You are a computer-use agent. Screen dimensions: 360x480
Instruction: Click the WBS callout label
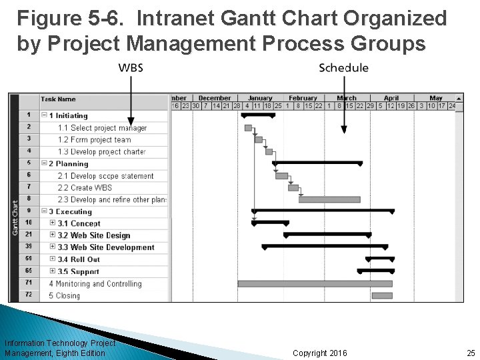tap(131, 68)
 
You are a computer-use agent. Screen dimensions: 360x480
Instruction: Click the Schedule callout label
tap(343, 68)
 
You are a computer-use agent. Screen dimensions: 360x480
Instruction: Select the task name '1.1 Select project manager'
tap(102, 128)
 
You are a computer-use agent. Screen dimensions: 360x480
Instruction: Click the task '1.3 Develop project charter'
tap(101, 152)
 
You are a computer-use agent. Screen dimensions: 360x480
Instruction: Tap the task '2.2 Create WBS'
tap(85, 188)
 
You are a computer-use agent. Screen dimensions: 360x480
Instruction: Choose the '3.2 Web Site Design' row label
tap(94, 235)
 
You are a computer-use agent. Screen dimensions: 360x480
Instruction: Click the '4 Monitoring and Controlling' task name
tap(95, 283)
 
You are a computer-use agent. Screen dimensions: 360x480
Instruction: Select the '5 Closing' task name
tap(65, 295)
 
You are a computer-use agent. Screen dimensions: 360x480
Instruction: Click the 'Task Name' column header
tap(59, 99)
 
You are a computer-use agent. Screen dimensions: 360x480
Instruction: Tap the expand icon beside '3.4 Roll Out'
tap(53, 259)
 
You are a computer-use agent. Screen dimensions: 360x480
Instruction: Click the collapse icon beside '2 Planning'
tap(44, 163)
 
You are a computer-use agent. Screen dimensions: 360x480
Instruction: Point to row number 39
tap(29, 247)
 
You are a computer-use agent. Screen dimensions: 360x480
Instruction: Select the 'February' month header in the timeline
tap(303, 98)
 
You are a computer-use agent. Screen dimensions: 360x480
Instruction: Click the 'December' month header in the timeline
tap(215, 98)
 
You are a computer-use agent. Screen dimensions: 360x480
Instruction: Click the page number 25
tap(471, 353)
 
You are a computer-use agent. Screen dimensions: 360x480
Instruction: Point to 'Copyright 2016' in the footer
tap(320, 353)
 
